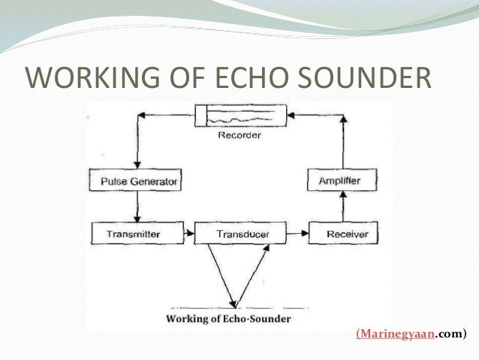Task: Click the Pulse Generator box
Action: [136, 181]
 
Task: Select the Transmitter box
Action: [136, 234]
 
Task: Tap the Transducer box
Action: [242, 234]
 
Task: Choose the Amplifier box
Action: [342, 181]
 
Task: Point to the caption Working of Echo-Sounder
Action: [228, 319]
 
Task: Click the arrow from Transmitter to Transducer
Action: [188, 234]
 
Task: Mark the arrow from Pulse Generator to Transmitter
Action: [136, 207]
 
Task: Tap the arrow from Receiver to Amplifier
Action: [342, 206]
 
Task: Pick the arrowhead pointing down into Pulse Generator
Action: [136, 167]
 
